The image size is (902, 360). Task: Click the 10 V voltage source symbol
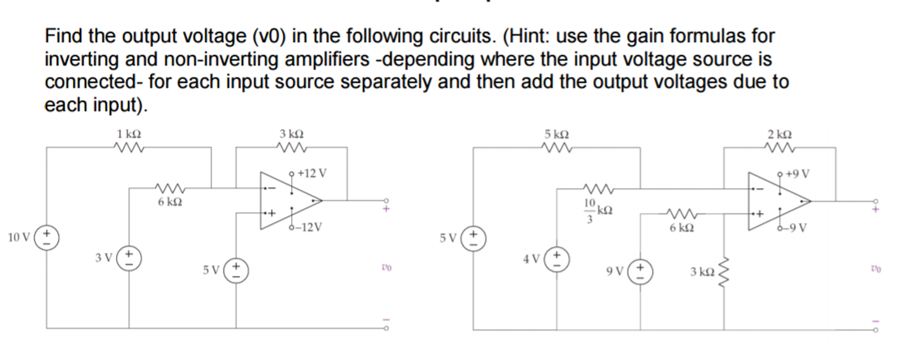[47, 238]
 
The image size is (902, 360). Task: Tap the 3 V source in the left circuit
[129, 258]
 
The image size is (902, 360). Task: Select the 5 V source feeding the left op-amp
[236, 270]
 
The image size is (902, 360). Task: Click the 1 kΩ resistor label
[129, 134]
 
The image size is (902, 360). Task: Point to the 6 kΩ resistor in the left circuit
[170, 189]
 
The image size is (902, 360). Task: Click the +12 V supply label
[312, 173]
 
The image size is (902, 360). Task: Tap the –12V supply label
[308, 227]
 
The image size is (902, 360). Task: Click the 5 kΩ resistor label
[556, 134]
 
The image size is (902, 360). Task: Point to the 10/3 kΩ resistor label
[597, 210]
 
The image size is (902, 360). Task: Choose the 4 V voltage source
[556, 259]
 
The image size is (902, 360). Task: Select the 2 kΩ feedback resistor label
[779, 134]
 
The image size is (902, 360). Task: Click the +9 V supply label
[797, 174]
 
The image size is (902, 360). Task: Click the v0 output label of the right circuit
[876, 268]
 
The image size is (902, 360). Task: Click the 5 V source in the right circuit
[473, 238]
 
